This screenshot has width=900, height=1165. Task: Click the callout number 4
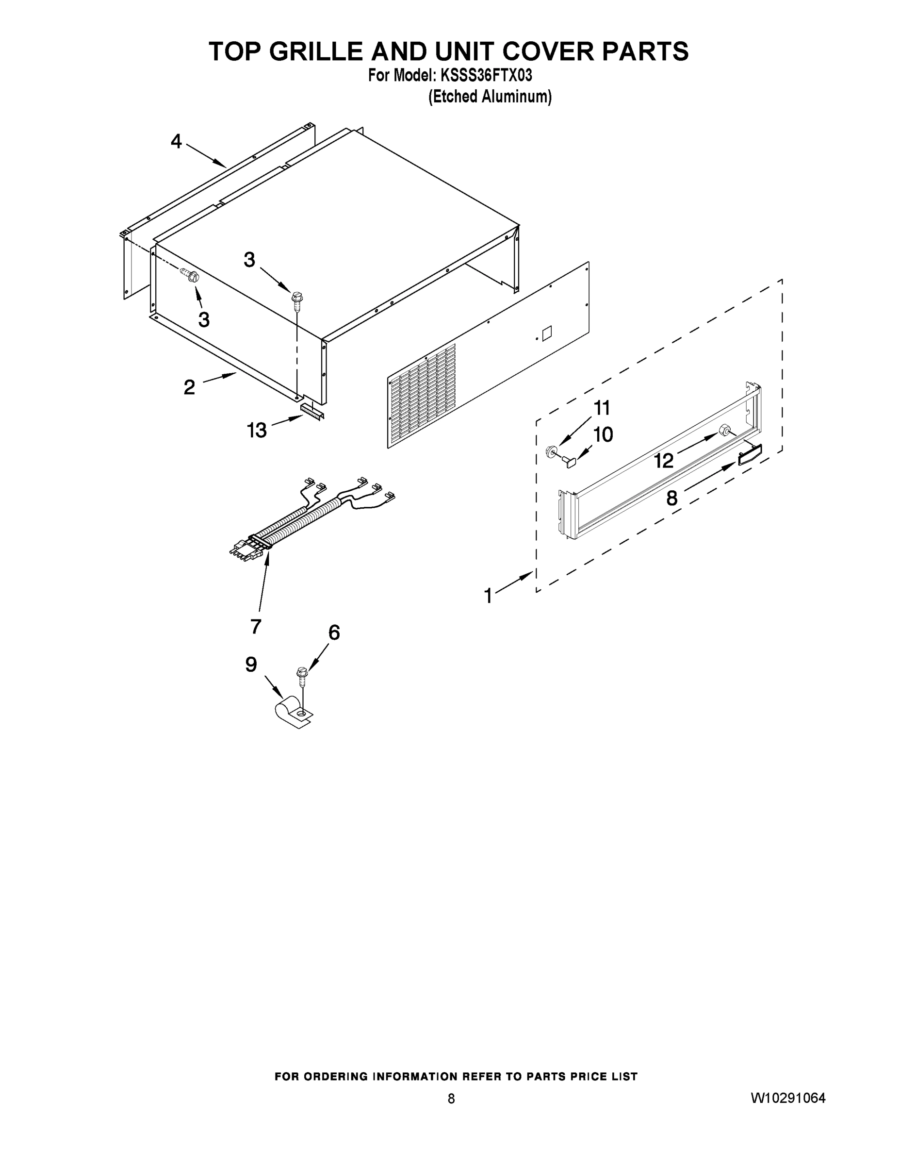tap(177, 141)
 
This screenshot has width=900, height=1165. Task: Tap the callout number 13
tap(257, 430)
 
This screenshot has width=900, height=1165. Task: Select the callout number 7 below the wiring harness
tap(256, 626)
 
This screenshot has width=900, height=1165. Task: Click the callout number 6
tap(334, 632)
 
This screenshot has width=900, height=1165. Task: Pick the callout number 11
tap(602, 408)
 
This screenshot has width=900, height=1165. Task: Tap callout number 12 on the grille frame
tap(664, 460)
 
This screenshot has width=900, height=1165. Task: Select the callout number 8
tap(672, 498)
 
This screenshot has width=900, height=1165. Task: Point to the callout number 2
tap(189, 387)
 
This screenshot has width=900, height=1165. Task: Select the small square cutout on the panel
tap(546, 334)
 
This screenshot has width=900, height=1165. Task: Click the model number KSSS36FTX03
tap(486, 76)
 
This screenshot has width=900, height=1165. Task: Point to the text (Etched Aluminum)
tap(490, 97)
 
